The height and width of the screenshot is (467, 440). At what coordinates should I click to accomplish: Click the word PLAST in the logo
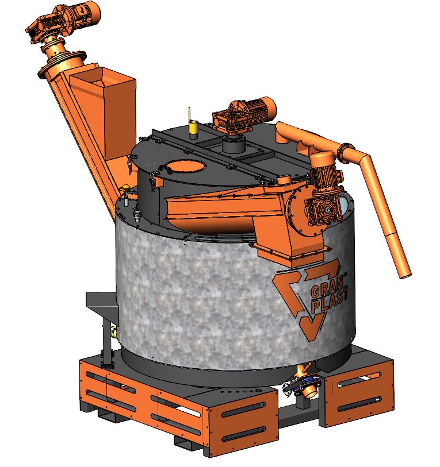click(x=330, y=302)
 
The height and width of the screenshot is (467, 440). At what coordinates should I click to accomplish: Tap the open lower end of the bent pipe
click(x=405, y=276)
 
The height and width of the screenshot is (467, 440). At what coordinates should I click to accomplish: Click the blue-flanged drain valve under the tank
click(x=304, y=384)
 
